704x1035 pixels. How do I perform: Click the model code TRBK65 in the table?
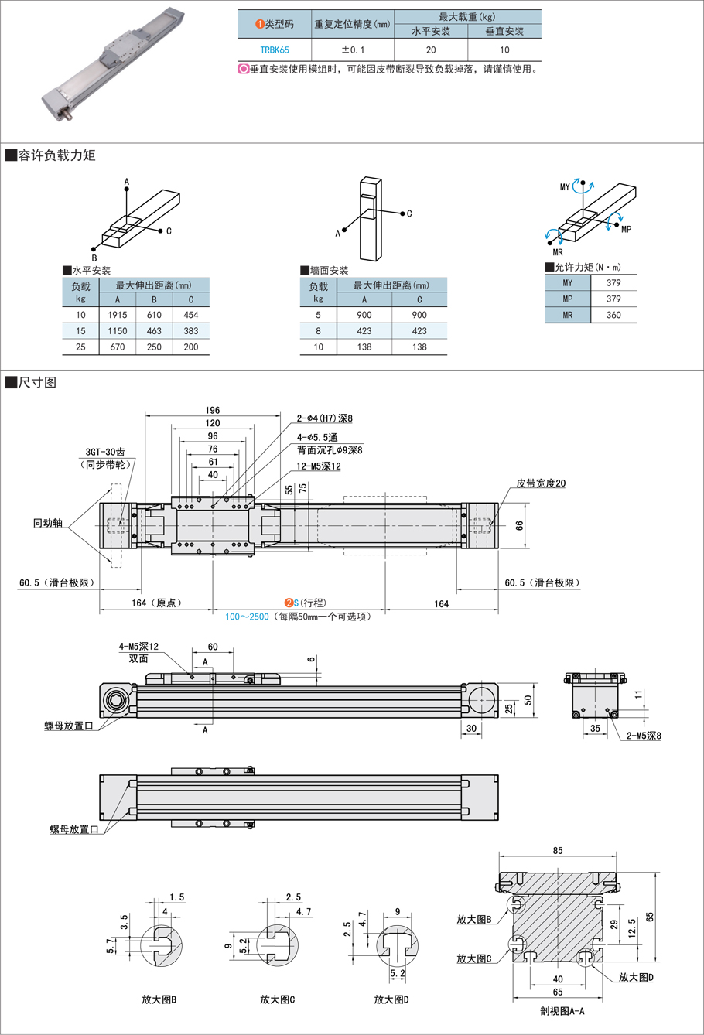point(275,49)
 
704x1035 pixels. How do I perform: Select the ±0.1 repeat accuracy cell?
point(352,49)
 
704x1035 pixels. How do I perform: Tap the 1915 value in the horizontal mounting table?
point(118,315)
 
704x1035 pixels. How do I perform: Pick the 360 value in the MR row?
point(613,315)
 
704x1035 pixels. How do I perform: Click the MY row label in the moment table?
point(568,283)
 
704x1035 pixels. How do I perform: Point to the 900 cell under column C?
point(419,315)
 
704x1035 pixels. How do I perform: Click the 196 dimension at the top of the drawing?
point(213,410)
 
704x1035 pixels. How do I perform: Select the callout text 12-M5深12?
point(319,466)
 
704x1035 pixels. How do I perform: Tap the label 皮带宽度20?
point(541,483)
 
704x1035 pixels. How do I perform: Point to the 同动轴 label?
point(48,524)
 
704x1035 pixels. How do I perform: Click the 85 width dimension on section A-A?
point(558,850)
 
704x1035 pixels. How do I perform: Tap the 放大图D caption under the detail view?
point(391,999)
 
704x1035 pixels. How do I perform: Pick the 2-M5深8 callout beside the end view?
point(644,736)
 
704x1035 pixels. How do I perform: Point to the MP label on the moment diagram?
point(626,229)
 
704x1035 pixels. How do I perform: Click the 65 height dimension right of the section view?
point(651,917)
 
